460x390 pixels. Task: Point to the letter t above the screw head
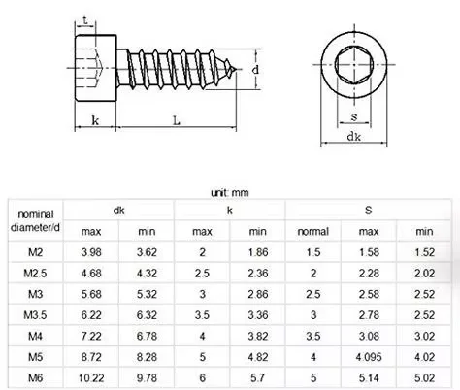(86, 19)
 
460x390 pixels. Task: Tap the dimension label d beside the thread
(254, 70)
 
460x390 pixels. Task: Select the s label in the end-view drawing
(355, 117)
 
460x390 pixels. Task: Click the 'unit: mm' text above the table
(231, 193)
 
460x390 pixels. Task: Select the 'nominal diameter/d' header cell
(36, 220)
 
